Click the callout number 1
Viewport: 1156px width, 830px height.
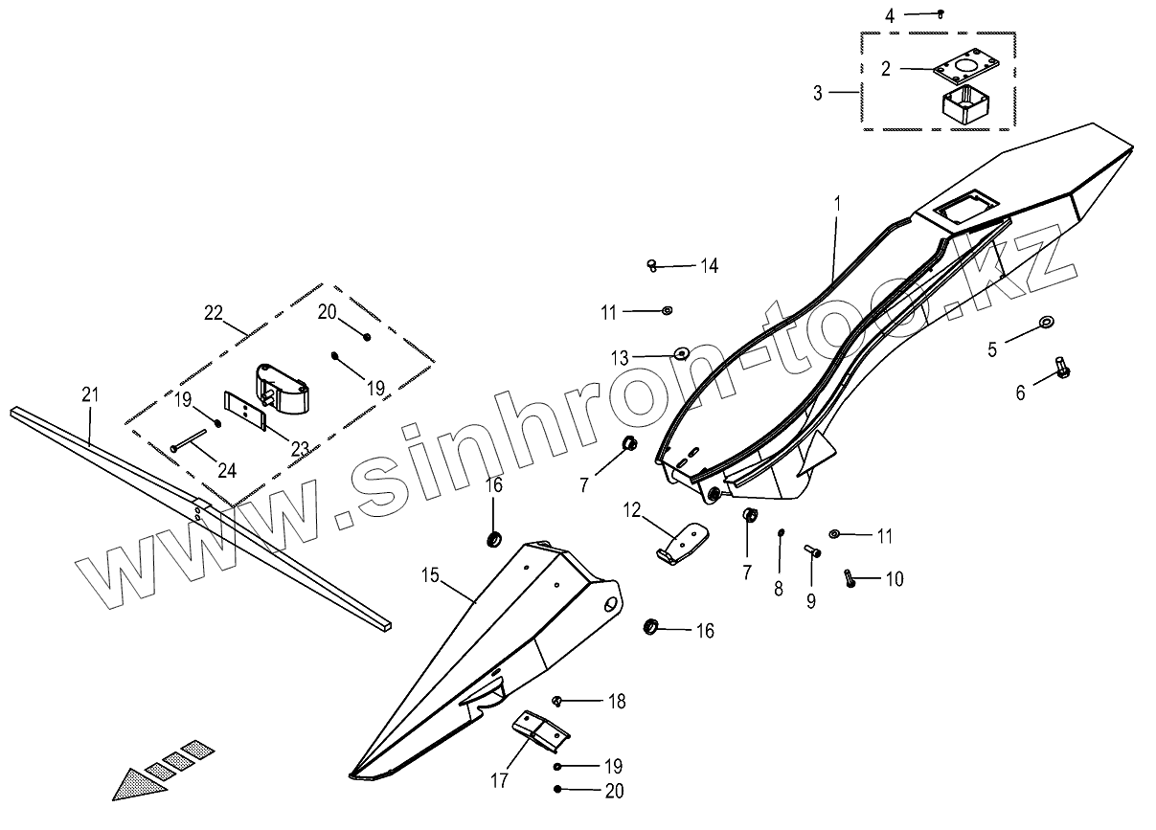pyautogui.click(x=836, y=204)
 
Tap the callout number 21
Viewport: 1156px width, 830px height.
pyautogui.click(x=89, y=393)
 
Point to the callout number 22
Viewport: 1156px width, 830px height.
pyautogui.click(x=213, y=312)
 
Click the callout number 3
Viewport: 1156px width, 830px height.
pyautogui.click(x=817, y=93)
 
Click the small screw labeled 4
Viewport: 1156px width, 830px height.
pyautogui.click(x=941, y=13)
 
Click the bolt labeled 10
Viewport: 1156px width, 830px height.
pyautogui.click(x=850, y=577)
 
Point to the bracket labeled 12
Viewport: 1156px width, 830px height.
pyautogui.click(x=681, y=542)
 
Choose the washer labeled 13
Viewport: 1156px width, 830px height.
pyautogui.click(x=681, y=353)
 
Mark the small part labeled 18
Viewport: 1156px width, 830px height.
pyautogui.click(x=558, y=702)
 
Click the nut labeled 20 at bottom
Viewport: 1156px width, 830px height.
pyautogui.click(x=558, y=790)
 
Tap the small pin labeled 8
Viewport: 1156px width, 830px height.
pyautogui.click(x=782, y=533)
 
